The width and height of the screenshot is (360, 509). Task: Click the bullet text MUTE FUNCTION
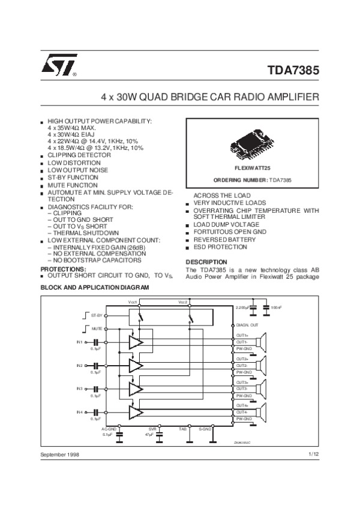tap(73, 185)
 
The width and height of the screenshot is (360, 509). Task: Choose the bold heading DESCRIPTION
tap(206, 262)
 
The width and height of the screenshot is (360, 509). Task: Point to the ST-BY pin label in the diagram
tap(96, 314)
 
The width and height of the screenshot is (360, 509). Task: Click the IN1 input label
tap(79, 342)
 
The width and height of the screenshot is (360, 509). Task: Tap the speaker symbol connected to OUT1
tap(261, 342)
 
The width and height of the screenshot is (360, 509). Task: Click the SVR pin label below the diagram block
tap(152, 429)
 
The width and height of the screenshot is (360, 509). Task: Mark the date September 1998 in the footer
tap(60, 455)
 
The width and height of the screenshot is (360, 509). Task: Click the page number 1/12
tap(313, 454)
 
